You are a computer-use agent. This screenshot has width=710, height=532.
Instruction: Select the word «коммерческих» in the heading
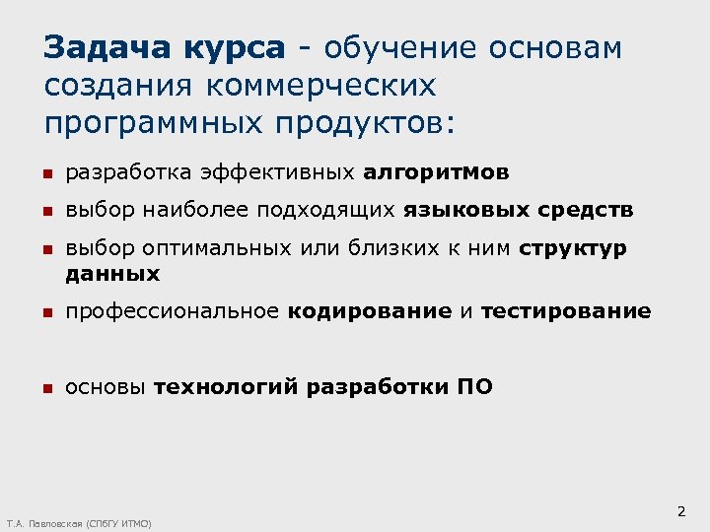point(320,87)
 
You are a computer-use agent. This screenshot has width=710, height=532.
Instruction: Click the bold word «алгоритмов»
point(437,173)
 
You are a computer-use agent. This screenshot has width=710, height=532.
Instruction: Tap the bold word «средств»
point(587,210)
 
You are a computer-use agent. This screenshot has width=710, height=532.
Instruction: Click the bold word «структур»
point(573,248)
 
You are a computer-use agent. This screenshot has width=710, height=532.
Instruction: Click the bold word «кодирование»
point(370,311)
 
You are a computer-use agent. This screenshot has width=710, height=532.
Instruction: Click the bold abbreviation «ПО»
point(474,387)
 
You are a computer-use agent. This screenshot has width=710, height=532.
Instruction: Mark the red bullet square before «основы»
point(46,388)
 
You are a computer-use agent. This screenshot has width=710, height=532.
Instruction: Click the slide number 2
point(680,512)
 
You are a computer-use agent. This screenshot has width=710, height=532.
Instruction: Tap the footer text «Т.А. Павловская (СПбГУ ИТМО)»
point(79,524)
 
